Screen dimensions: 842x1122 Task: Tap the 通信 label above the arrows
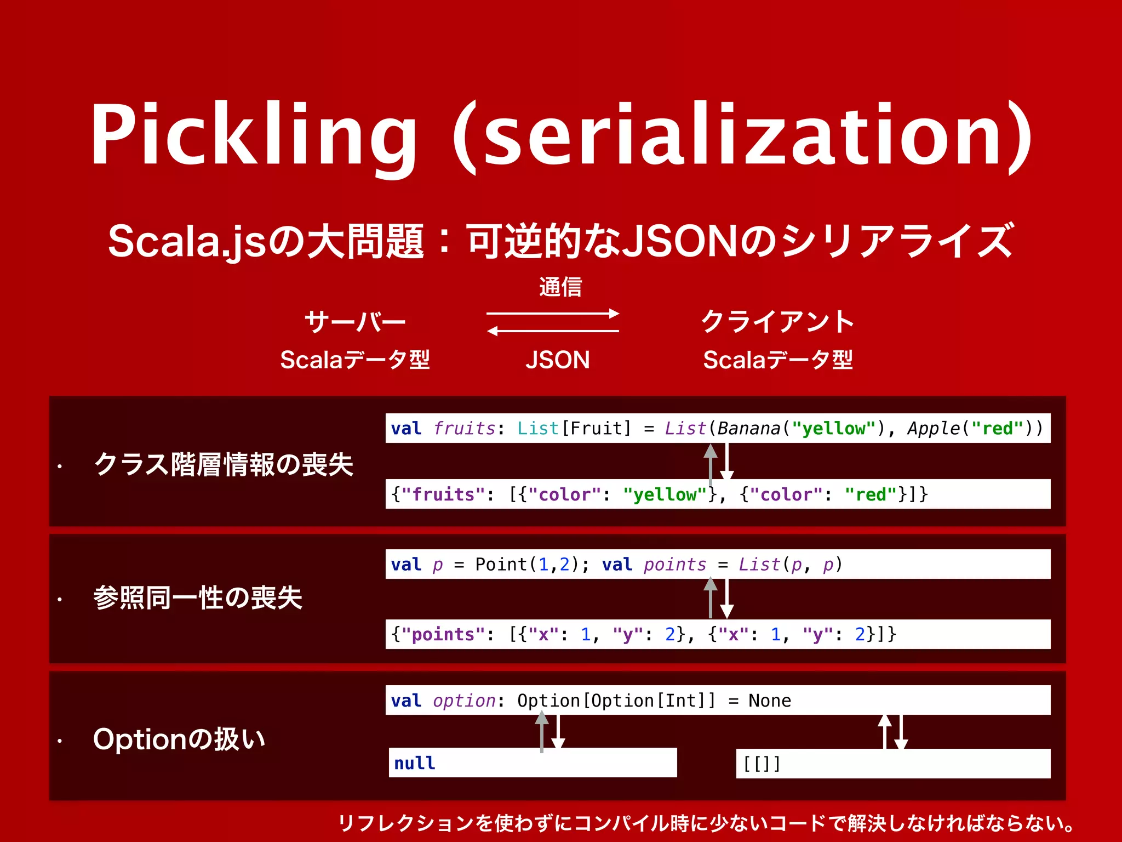pos(560,287)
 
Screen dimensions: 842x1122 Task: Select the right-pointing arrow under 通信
pos(553,314)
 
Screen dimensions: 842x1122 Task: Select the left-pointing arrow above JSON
pos(553,331)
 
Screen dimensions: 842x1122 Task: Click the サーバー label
pos(355,322)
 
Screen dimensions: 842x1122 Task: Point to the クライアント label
pos(777,322)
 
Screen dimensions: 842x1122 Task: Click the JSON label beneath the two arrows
pos(557,360)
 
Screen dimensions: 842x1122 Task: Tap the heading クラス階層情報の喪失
pos(224,464)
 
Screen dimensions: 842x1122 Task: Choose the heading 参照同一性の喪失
pos(198,598)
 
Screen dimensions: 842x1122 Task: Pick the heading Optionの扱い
pos(179,739)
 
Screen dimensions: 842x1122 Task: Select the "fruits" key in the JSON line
pos(443,494)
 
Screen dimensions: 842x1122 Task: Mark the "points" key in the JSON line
pos(443,634)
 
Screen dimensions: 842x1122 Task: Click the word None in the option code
pos(770,701)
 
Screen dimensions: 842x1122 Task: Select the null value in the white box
pos(415,763)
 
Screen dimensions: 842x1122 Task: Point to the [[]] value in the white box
pos(762,763)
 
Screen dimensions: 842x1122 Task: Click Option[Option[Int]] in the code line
pos(616,701)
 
